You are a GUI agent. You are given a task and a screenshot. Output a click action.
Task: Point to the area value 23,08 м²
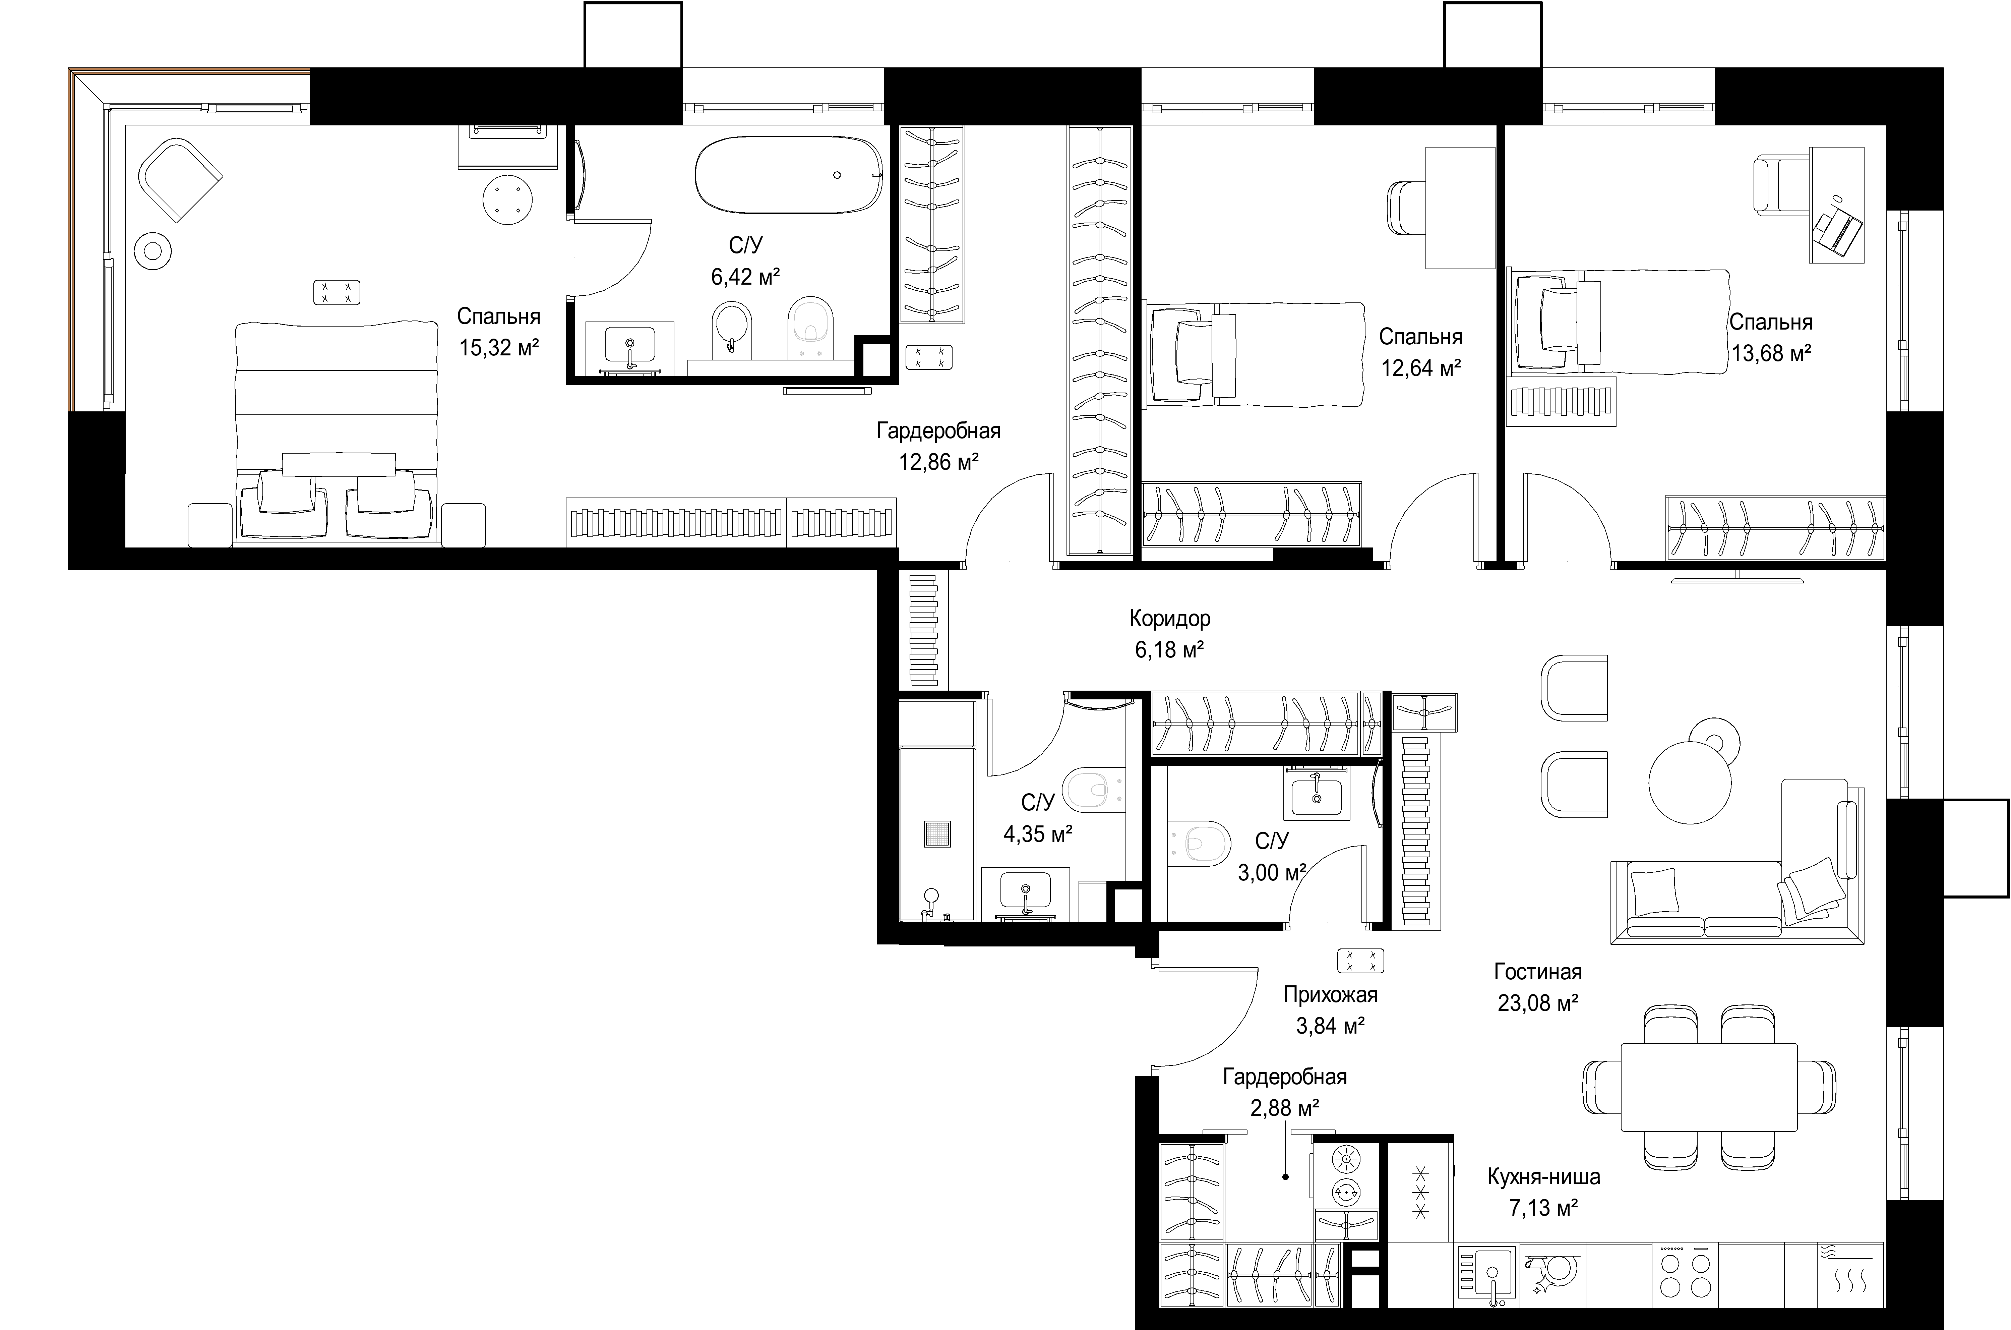1538,1003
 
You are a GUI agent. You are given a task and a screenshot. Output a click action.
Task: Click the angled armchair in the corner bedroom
181,181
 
